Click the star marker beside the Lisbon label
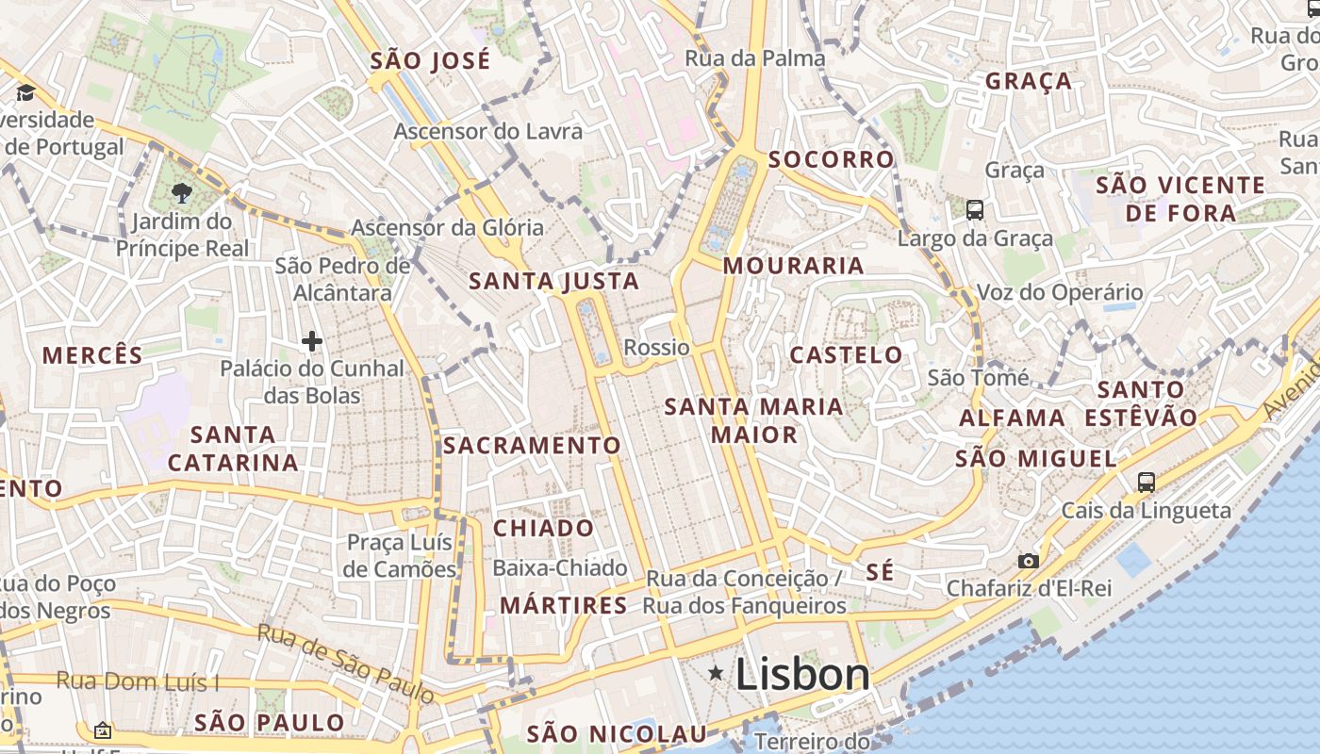717,673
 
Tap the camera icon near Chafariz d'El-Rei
1029,561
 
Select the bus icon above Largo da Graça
975,209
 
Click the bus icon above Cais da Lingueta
1147,483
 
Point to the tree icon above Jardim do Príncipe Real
182,194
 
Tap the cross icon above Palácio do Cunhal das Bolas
312,340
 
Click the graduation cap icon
25,92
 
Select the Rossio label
657,347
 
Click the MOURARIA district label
794,266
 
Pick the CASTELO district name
846,355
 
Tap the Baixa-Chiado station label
560,567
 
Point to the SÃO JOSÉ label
431,61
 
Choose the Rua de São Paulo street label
347,664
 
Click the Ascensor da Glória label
447,227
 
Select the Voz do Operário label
1060,292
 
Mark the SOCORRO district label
831,159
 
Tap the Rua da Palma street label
754,58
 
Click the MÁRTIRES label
564,605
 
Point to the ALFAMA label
1013,418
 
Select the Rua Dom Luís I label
138,680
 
